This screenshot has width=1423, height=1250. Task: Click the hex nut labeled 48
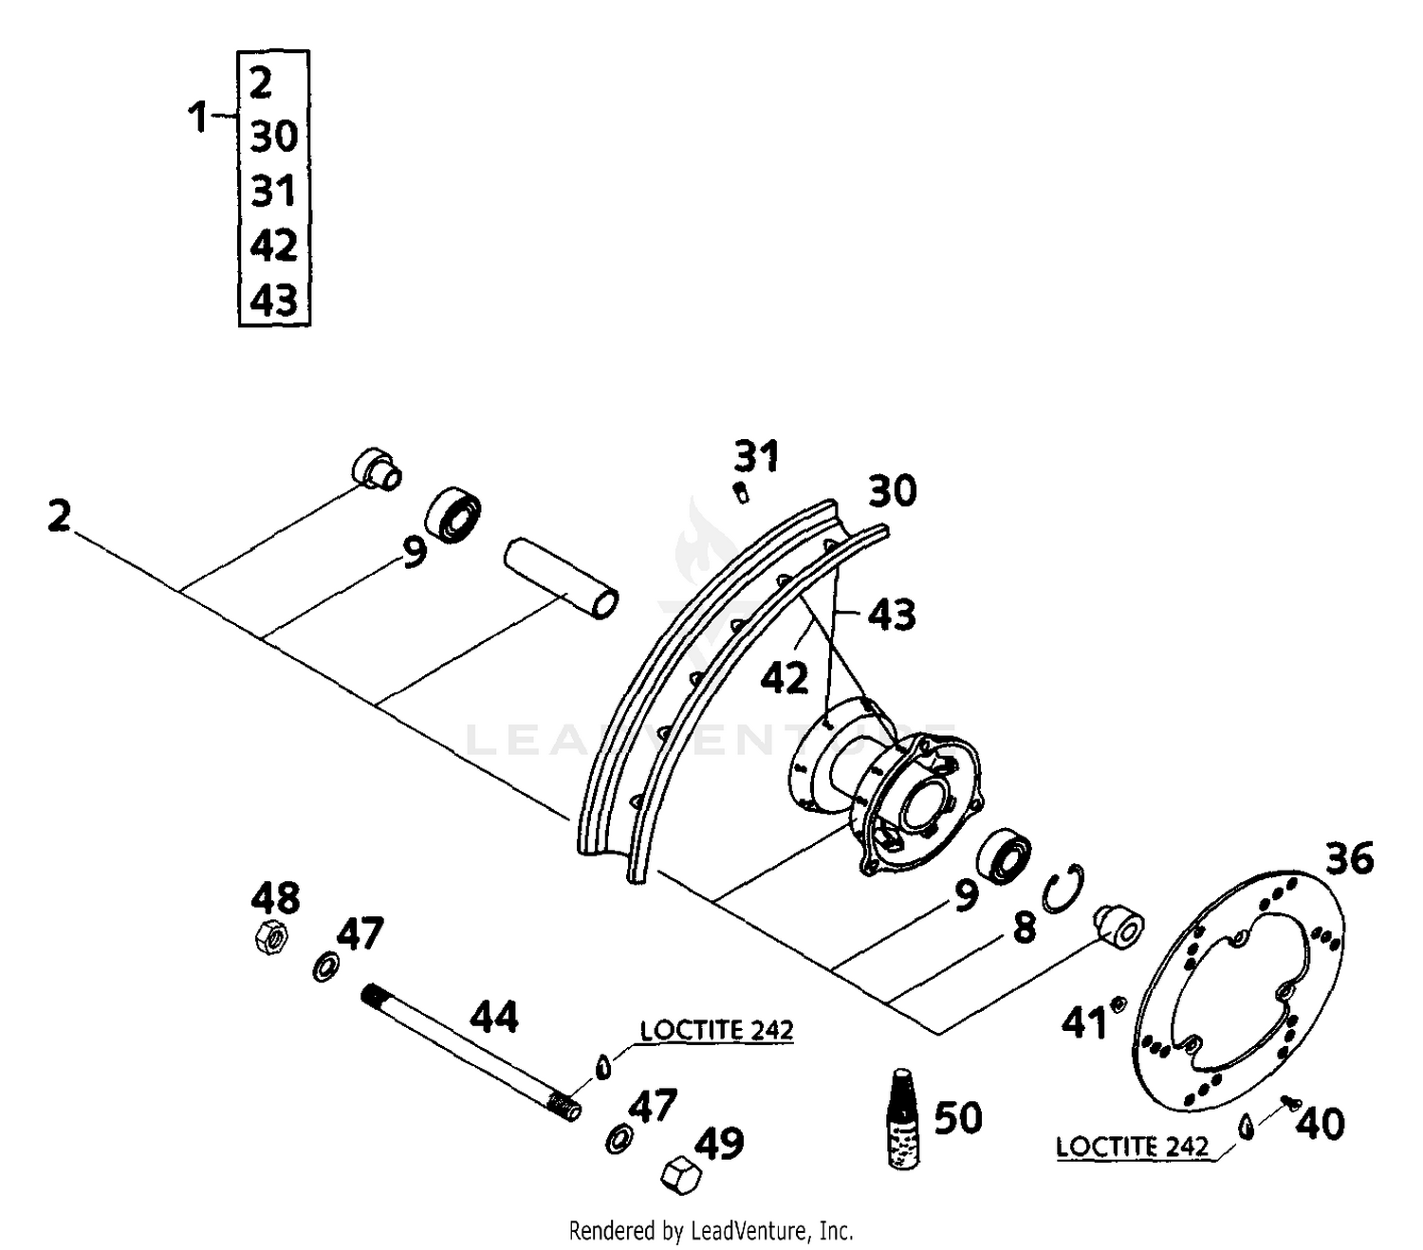(272, 938)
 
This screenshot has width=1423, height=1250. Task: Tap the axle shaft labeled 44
(471, 1053)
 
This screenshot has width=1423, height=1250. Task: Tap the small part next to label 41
(1118, 1003)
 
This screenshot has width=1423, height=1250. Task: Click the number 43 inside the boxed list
(274, 301)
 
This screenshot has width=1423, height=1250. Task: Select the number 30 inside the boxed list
(274, 137)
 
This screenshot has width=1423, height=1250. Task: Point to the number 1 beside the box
(197, 119)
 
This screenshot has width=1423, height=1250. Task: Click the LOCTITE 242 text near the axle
(716, 1030)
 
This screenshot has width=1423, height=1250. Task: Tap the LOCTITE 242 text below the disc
(1133, 1147)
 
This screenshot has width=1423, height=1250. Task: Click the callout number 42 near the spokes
(785, 679)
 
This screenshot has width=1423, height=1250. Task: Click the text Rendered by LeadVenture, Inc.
(711, 1231)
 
